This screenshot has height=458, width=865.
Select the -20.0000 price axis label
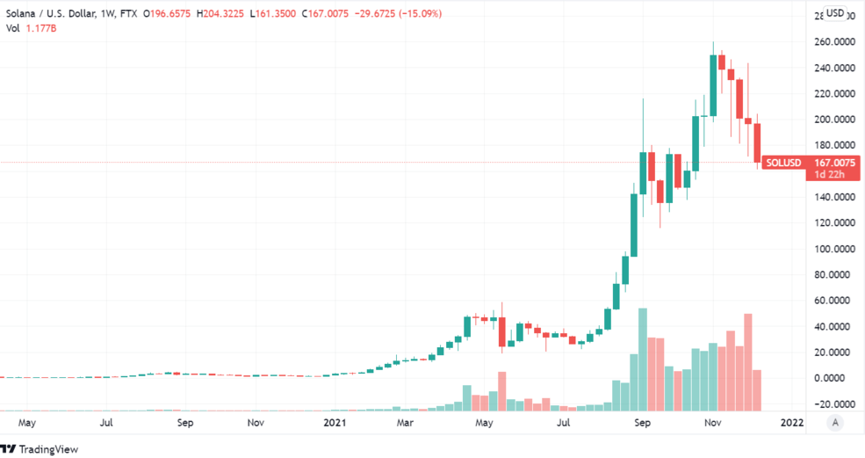[830, 404]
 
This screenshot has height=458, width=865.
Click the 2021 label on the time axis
[335, 423]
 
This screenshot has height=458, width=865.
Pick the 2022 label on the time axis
[791, 423]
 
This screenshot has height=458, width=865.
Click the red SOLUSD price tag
[782, 163]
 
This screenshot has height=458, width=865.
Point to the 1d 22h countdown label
[828, 174]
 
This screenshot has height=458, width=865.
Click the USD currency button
[835, 13]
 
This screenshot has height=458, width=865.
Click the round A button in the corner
[834, 423]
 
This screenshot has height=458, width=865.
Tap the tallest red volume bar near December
[748, 361]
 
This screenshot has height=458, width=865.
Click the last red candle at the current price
[757, 142]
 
